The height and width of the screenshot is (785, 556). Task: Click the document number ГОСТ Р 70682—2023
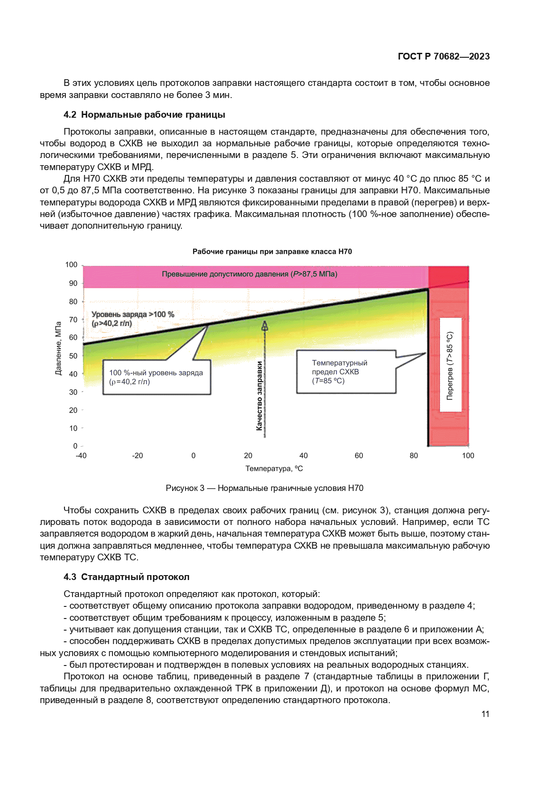pos(444,56)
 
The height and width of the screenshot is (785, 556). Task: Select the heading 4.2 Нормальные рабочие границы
pos(144,115)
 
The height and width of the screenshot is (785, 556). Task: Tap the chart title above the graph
pos(272,252)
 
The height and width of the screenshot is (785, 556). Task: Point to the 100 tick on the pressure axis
pos(71,265)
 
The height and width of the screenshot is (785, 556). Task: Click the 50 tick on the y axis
pos(73,356)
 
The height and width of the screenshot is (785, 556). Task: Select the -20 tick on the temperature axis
pos(137,456)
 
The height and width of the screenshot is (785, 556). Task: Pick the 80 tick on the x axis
pos(414,456)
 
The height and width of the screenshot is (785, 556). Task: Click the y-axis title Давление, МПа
pos(58,349)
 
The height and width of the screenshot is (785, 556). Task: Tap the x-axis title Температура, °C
pos(274,469)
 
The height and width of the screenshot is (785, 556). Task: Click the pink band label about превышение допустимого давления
pos(250,274)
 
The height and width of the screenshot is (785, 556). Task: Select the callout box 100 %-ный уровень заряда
pos(156,377)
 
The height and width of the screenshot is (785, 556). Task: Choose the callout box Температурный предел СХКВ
pos(346,372)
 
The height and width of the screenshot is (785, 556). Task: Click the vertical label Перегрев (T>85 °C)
pos(450,365)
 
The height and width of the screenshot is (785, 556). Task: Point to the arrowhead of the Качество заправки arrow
pos(265,325)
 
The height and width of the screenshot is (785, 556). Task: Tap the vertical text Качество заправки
pos(259,396)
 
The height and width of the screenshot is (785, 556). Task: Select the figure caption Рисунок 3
pos(264,488)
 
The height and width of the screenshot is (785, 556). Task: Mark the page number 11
pos(485,714)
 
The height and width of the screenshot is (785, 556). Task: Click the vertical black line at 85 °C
pos(428,380)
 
